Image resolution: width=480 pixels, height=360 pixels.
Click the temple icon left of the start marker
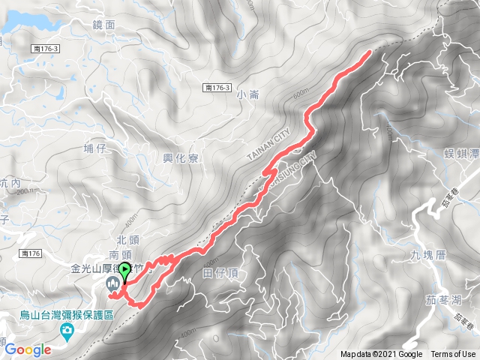[112, 283]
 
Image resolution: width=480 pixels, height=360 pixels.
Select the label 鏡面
[104, 25]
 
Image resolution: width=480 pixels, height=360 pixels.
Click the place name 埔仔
[95, 149]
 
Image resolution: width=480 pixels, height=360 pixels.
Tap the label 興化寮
[180, 157]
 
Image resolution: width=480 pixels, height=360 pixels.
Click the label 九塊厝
[428, 255]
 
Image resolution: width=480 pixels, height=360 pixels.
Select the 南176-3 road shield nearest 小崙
[217, 88]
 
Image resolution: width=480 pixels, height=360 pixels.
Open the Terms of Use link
[452, 355]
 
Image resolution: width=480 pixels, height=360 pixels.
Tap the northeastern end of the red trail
[369, 52]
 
